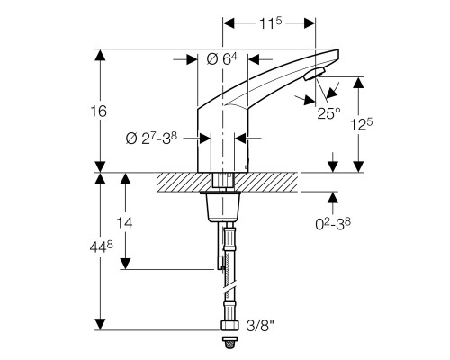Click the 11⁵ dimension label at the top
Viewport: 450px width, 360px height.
coord(269,22)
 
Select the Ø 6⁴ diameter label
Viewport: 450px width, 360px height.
coord(221,59)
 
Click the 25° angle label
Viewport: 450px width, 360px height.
coord(329,112)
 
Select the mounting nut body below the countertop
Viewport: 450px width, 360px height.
coord(223,210)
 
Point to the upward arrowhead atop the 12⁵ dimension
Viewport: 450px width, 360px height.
coord(360,82)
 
